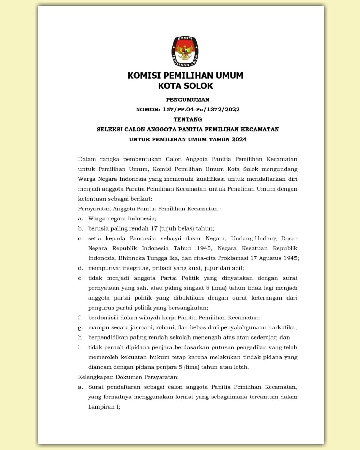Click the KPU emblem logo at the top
(x=185, y=51)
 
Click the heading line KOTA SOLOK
(x=185, y=86)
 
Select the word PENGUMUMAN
(x=187, y=100)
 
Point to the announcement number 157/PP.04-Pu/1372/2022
(x=201, y=109)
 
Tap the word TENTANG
(x=187, y=119)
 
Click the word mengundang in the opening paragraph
(x=280, y=169)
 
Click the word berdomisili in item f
(x=104, y=318)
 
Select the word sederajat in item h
(x=262, y=337)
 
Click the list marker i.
(x=79, y=347)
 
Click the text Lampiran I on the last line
(x=104, y=406)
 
